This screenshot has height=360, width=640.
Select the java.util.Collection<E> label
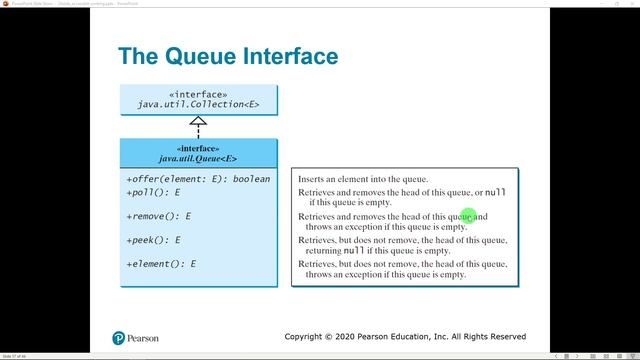pyautogui.click(x=198, y=104)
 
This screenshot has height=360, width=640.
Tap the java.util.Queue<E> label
pyautogui.click(x=198, y=158)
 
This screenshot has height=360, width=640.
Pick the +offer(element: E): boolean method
pyautogui.click(x=198, y=179)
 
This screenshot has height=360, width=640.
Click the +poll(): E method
pyautogui.click(x=152, y=191)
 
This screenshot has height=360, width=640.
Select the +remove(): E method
pyautogui.click(x=158, y=215)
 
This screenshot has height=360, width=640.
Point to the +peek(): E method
pyautogui.click(x=153, y=240)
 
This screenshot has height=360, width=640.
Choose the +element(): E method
pyautogui.click(x=161, y=264)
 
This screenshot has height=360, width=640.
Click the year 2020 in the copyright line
pyautogui.click(x=351, y=337)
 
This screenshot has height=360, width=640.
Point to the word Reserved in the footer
pyautogui.click(x=503, y=337)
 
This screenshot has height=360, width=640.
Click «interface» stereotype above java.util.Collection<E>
pyautogui.click(x=198, y=93)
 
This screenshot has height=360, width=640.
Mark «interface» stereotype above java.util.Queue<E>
pyautogui.click(x=198, y=147)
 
